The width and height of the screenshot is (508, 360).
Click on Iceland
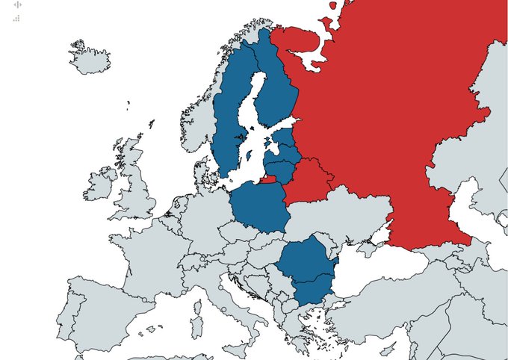coord(90,57)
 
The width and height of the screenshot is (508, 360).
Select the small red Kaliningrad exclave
coord(269,179)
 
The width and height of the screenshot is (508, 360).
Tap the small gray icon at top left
coord(17,5)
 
